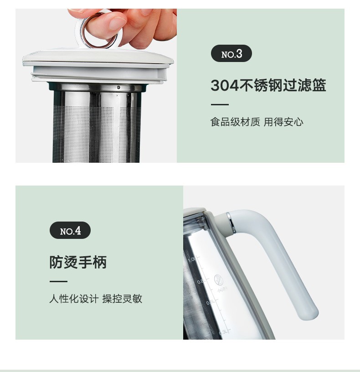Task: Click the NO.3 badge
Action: (x=231, y=53)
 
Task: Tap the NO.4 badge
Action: (x=70, y=230)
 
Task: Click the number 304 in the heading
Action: (x=225, y=85)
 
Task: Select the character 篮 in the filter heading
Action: (x=319, y=85)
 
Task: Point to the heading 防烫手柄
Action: (x=78, y=262)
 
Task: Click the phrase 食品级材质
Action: (x=235, y=122)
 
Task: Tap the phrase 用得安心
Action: (x=283, y=122)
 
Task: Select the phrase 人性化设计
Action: (x=74, y=299)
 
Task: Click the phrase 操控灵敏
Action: (x=123, y=299)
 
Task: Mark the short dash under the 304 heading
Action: (x=220, y=104)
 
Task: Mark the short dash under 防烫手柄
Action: (x=59, y=282)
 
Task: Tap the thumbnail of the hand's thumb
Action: (x=118, y=23)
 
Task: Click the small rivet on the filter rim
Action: (x=118, y=88)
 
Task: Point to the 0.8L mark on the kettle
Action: (x=201, y=282)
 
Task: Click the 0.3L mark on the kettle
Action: (x=224, y=332)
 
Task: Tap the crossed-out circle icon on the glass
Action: (x=219, y=280)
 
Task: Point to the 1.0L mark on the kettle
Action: (x=192, y=259)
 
